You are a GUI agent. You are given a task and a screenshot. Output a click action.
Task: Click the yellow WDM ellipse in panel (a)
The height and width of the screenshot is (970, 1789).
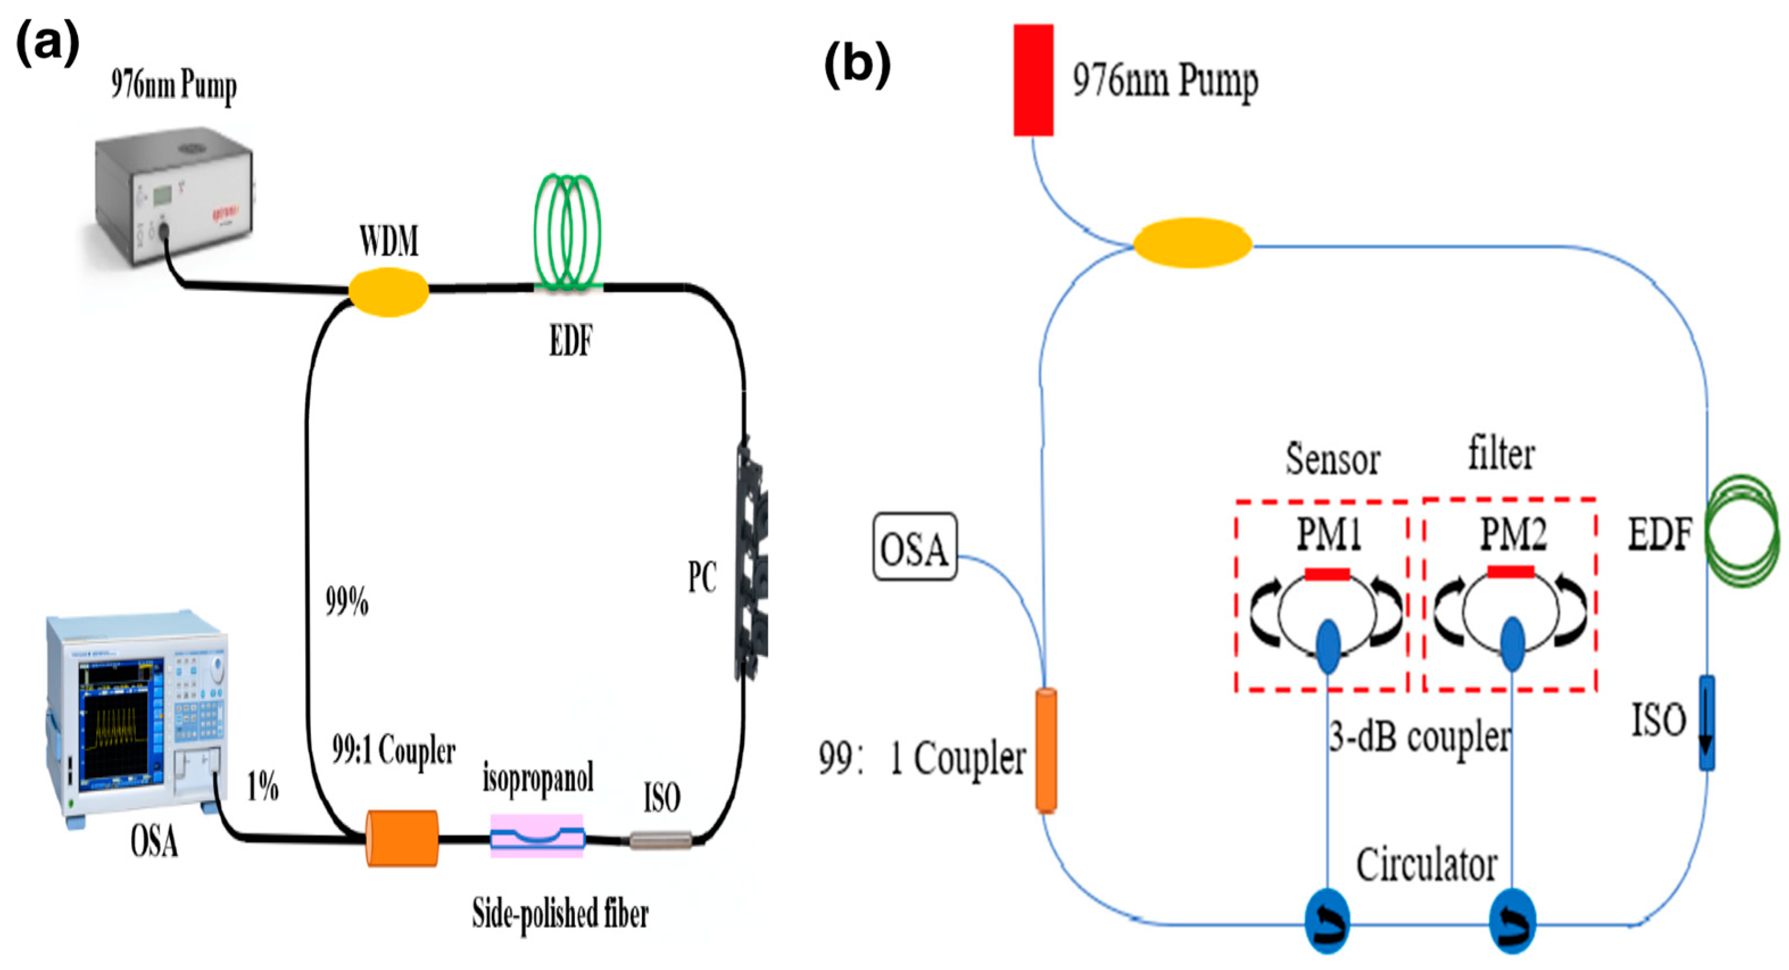(x=388, y=292)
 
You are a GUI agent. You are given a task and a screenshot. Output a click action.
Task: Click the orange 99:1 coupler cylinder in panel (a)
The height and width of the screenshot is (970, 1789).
(x=402, y=838)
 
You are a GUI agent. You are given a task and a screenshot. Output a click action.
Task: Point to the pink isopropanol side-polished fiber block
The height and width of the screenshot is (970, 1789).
(x=537, y=835)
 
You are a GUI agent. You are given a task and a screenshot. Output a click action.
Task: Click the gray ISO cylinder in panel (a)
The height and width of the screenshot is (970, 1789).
(x=661, y=839)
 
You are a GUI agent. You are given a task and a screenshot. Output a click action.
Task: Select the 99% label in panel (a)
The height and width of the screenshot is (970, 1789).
(x=347, y=601)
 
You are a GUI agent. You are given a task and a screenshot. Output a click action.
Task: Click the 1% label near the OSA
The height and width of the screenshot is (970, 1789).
(x=263, y=788)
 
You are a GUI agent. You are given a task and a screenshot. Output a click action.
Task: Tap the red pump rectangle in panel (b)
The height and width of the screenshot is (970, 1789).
(x=1033, y=80)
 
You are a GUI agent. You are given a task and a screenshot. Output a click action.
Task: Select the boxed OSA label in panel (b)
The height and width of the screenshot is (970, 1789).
(x=914, y=547)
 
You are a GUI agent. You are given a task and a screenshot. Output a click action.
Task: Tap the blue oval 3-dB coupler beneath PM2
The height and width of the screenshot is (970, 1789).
(x=1513, y=644)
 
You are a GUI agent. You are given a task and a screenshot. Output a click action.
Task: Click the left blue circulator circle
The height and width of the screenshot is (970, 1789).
(x=1327, y=921)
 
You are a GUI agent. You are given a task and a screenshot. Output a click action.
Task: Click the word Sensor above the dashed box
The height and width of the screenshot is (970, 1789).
(x=1332, y=460)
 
